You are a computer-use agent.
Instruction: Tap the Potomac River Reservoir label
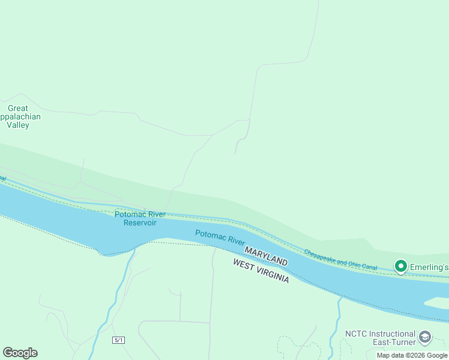coord(140,218)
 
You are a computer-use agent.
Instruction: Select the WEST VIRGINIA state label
coord(261,271)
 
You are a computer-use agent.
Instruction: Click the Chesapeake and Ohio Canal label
coord(340,259)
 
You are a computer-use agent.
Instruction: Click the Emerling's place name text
coord(429,266)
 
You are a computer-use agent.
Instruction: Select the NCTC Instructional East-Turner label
coord(380,338)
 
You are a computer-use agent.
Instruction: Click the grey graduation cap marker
coord(425,338)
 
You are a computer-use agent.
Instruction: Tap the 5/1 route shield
coord(118,340)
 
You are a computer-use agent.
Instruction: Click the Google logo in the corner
coord(20,353)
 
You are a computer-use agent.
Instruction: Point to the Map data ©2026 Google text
coord(412,355)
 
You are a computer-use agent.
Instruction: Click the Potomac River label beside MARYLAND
coord(220,237)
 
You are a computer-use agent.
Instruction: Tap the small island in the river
coord(437,302)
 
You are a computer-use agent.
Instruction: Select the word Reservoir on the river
coord(140,223)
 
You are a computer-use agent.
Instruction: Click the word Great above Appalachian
coord(18,109)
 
